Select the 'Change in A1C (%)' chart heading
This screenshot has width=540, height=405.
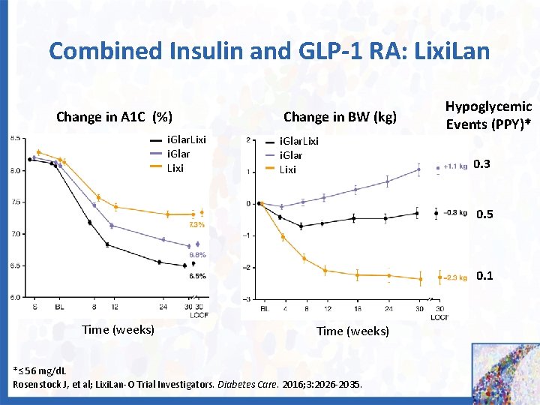(115, 116)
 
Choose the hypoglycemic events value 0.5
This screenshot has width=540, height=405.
(484, 214)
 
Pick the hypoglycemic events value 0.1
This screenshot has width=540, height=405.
(484, 275)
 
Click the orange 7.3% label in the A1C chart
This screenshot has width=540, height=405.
(197, 224)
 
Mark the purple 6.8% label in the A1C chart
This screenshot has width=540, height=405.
(197, 255)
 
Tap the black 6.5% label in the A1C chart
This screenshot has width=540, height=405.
(197, 276)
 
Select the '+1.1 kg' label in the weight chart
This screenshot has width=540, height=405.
(455, 166)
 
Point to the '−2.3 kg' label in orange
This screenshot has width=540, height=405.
(454, 279)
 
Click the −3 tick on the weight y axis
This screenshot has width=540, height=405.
(247, 299)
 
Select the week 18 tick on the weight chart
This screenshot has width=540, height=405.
(356, 308)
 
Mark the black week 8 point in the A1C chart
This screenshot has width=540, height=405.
(89, 223)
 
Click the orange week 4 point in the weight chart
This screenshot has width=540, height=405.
(283, 237)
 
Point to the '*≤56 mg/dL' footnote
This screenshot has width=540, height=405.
(40, 371)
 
